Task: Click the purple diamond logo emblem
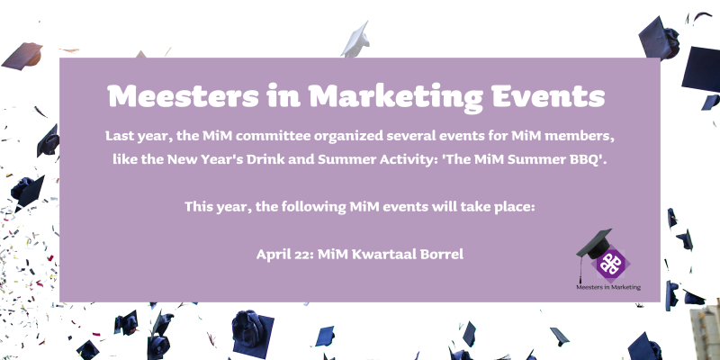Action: [610, 264]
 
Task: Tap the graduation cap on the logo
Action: [595, 246]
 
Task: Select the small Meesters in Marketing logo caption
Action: [608, 287]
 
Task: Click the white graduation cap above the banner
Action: [357, 40]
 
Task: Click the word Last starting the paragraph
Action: [120, 137]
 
